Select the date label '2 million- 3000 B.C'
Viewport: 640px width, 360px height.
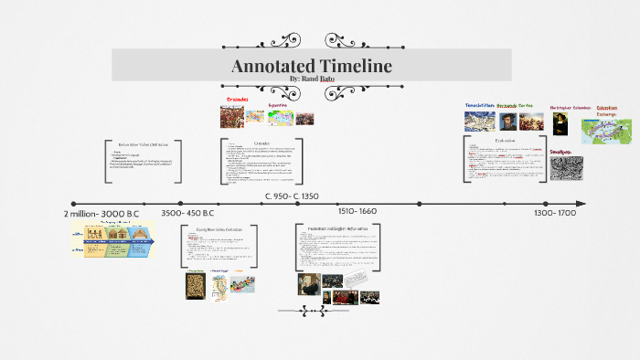(x=100, y=213)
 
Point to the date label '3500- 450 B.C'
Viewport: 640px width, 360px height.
(x=187, y=213)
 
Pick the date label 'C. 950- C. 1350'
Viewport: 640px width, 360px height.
(x=292, y=196)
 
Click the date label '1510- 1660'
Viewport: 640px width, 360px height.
(x=357, y=212)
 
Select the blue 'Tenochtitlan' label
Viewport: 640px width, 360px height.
(x=479, y=105)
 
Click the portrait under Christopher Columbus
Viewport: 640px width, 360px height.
(x=560, y=122)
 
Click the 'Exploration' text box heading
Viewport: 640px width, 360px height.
(x=506, y=142)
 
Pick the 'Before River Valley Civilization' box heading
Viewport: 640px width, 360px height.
(x=143, y=143)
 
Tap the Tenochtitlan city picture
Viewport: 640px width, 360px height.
(x=479, y=121)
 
